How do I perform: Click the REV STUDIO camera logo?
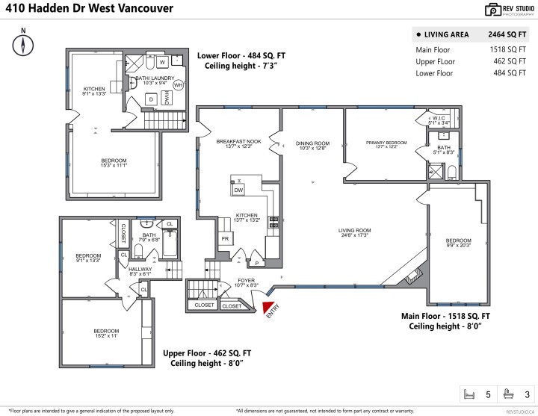[x=493, y=10]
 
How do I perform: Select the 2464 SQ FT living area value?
[x=507, y=34]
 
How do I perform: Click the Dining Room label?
[x=313, y=146]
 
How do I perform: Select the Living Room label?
[x=355, y=232]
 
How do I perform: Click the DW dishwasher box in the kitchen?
[x=239, y=190]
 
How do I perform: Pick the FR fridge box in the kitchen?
[x=224, y=239]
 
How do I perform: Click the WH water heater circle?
[x=178, y=85]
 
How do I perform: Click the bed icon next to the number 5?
[x=470, y=394]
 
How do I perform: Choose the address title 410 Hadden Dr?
[x=88, y=9]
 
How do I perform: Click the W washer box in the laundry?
[x=162, y=62]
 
